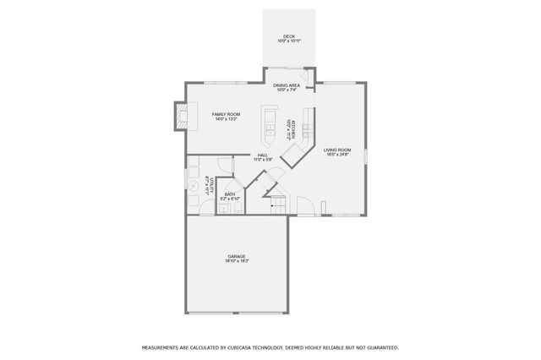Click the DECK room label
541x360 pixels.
click(289, 36)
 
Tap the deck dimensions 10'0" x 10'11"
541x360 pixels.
click(289, 41)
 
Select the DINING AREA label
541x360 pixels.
click(287, 85)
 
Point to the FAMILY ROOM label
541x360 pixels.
click(226, 114)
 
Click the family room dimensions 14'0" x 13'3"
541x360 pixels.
click(226, 119)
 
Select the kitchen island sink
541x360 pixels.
click(270, 131)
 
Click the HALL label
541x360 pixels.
click(263, 155)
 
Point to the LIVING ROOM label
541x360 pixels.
click(337, 150)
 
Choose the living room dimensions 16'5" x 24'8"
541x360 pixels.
click(337, 155)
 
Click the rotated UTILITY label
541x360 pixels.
click(208, 185)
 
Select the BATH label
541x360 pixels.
click(230, 194)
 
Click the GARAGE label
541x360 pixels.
click(237, 256)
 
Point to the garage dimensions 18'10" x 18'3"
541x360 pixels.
click(237, 261)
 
